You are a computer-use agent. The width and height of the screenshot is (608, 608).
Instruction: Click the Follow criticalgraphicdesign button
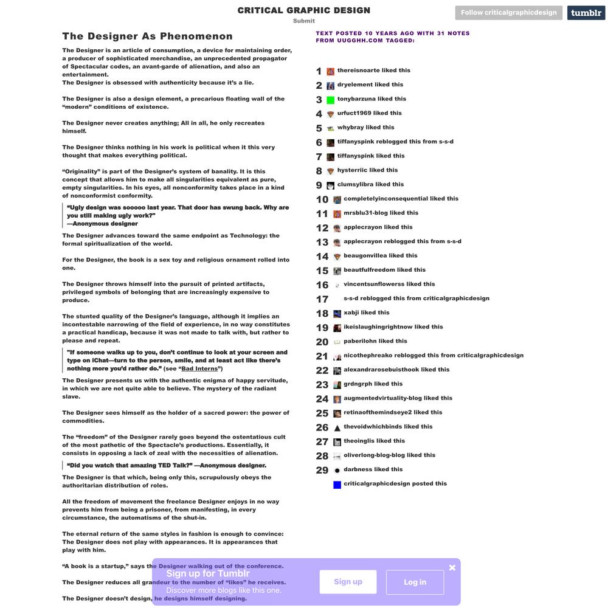click(x=508, y=12)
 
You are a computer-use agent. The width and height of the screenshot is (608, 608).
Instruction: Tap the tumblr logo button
click(x=586, y=13)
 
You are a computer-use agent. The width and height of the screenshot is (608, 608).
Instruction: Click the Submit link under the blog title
click(x=304, y=21)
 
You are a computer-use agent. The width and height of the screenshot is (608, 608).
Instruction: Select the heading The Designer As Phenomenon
click(x=147, y=36)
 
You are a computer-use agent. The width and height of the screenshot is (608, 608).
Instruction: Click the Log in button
click(x=415, y=582)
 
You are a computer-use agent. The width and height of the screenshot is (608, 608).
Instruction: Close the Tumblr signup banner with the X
click(x=452, y=567)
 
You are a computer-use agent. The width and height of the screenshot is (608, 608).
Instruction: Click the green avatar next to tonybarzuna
click(x=331, y=100)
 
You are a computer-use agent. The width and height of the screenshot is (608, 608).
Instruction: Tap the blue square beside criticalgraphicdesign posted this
click(x=337, y=485)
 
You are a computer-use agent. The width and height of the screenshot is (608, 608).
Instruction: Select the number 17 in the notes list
click(x=322, y=299)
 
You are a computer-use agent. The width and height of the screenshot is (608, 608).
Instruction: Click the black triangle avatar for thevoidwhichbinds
click(x=337, y=427)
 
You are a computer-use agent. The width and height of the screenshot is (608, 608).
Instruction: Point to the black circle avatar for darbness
click(x=337, y=470)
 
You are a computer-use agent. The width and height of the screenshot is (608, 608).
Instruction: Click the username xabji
click(x=351, y=313)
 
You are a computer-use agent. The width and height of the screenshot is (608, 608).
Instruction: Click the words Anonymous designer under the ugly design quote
click(x=105, y=224)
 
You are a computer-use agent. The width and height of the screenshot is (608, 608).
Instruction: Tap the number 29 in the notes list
click(x=322, y=470)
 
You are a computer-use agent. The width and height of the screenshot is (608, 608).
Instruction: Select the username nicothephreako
click(x=368, y=355)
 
